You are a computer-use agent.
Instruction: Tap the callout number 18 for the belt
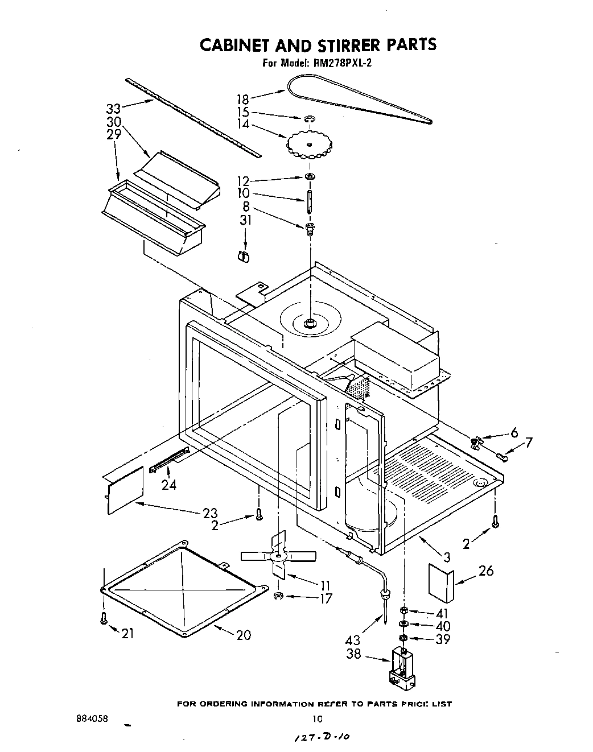(x=243, y=98)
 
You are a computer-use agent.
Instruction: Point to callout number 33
(x=114, y=108)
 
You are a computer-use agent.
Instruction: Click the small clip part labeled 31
(x=244, y=256)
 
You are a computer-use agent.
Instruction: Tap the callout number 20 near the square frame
(x=243, y=635)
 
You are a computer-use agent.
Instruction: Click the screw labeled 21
(x=104, y=619)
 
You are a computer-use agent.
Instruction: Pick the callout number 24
(x=169, y=485)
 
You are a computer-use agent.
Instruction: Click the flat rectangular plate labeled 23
(x=125, y=489)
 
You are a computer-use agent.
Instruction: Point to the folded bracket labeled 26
(x=440, y=582)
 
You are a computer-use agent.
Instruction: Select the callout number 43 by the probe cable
(x=353, y=641)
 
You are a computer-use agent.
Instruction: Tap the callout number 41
(x=442, y=613)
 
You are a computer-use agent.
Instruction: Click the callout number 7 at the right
(x=529, y=442)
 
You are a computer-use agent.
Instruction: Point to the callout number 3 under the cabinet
(x=447, y=557)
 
